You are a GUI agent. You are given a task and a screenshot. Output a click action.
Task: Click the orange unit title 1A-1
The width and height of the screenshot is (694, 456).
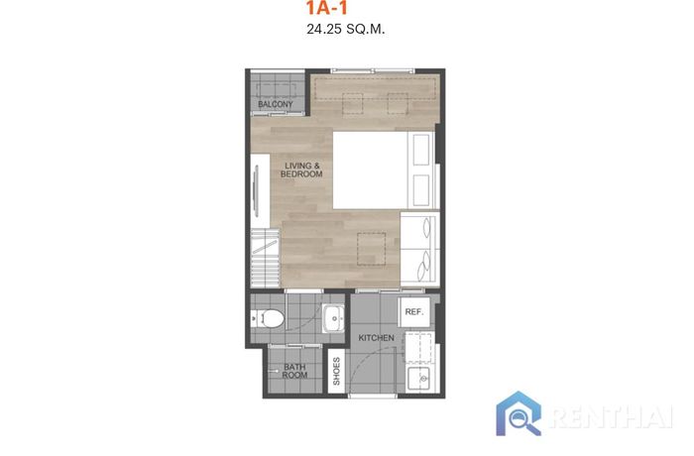pyautogui.click(x=326, y=8)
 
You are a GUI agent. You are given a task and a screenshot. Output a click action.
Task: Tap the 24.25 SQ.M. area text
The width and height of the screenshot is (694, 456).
pyautogui.click(x=346, y=29)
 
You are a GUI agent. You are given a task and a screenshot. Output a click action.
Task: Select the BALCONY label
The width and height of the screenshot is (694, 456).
pyautogui.click(x=276, y=104)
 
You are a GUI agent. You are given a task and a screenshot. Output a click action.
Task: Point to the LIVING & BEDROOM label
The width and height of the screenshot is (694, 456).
pyautogui.click(x=301, y=170)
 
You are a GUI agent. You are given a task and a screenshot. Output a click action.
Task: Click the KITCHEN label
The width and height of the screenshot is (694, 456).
pyautogui.click(x=376, y=338)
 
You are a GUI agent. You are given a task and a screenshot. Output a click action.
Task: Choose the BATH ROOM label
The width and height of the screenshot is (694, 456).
pyautogui.click(x=294, y=371)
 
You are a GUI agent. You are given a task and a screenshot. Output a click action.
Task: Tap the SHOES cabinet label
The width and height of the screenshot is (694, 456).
pyautogui.click(x=336, y=371)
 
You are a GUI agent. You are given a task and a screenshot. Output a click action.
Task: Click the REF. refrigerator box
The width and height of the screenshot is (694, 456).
pyautogui.click(x=414, y=311)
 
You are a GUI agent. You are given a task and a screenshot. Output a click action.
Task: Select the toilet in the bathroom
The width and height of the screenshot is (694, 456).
pyautogui.click(x=269, y=318)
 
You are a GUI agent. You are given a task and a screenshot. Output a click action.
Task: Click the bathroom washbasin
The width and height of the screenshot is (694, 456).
pyautogui.click(x=333, y=318)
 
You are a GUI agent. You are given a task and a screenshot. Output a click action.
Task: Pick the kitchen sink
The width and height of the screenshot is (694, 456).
pyautogui.click(x=418, y=379)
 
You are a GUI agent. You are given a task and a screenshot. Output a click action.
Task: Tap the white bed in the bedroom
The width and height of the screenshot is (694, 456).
pyautogui.click(x=384, y=170)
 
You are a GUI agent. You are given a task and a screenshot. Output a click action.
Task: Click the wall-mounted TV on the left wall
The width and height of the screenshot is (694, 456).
pyautogui.click(x=256, y=190)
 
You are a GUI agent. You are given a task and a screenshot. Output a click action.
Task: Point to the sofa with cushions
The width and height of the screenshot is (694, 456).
pyautogui.click(x=420, y=250)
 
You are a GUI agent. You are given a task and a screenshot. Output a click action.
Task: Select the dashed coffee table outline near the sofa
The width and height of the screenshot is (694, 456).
pyautogui.click(x=372, y=249)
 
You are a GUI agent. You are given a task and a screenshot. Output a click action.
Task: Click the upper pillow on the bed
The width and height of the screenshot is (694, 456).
pyautogui.click(x=421, y=150)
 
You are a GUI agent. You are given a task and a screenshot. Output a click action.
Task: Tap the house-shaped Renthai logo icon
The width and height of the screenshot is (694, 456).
pyautogui.click(x=519, y=413)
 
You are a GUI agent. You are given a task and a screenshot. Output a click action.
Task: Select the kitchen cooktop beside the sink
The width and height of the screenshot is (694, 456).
pyautogui.click(x=417, y=348)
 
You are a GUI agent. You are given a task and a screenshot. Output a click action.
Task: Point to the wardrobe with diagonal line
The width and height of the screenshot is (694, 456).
pyautogui.click(x=266, y=258)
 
